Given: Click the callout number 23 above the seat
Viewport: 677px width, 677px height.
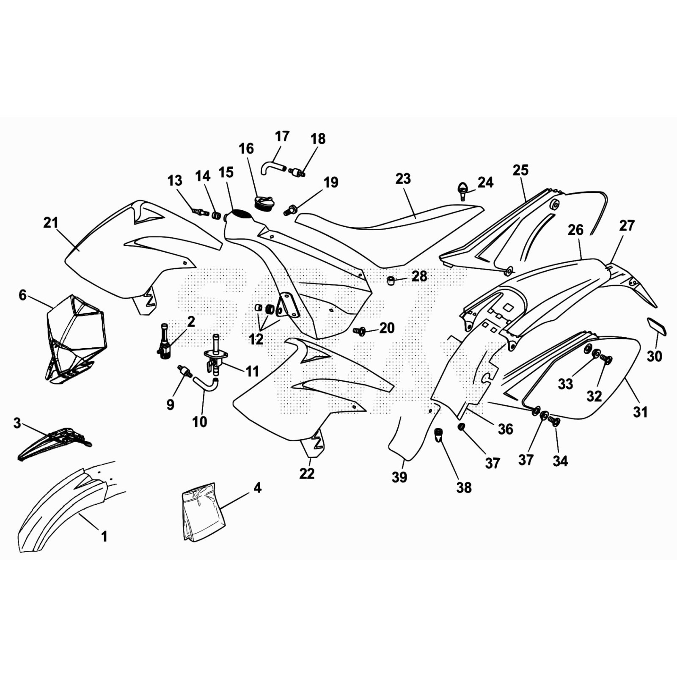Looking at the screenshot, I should pyautogui.click(x=403, y=179).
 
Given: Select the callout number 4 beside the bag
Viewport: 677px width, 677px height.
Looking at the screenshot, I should pyautogui.click(x=257, y=487).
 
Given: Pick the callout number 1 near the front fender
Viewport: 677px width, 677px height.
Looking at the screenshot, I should pyautogui.click(x=104, y=536).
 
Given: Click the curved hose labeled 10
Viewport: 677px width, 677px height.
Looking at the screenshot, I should pyautogui.click(x=206, y=383).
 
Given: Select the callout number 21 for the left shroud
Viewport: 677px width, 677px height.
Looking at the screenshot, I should pyautogui.click(x=51, y=223).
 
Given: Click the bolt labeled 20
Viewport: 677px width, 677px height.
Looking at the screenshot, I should pyautogui.click(x=360, y=331).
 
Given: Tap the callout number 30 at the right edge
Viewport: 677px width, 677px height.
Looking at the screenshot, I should pyautogui.click(x=654, y=356).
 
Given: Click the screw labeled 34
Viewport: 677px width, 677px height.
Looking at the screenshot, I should pyautogui.click(x=554, y=421).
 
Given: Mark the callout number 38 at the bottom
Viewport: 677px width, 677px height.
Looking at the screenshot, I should pyautogui.click(x=464, y=487).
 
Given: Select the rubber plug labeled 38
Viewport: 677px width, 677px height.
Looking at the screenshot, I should pyautogui.click(x=439, y=434).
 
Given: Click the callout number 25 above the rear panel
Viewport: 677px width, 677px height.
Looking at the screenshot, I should pyautogui.click(x=520, y=170).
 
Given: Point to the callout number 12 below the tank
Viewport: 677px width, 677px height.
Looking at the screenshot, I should pyautogui.click(x=256, y=339).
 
